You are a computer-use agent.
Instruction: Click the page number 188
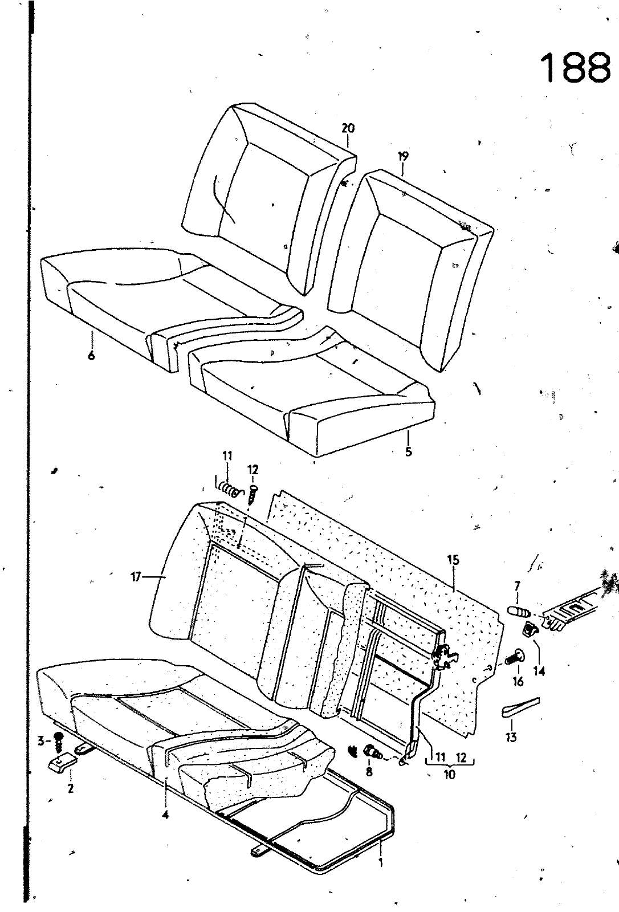574,68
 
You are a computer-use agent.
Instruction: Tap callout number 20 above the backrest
348,128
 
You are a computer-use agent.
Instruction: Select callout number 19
403,156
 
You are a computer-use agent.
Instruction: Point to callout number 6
91,356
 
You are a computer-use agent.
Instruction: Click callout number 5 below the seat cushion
408,453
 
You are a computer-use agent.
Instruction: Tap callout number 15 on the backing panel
453,560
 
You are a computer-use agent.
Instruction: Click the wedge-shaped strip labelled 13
520,706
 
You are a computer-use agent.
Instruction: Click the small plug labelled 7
519,612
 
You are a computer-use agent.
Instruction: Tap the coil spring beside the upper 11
229,489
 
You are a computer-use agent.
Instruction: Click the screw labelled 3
58,743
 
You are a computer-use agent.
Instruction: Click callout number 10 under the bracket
449,775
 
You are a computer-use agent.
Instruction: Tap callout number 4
165,815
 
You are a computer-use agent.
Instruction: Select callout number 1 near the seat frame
381,862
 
